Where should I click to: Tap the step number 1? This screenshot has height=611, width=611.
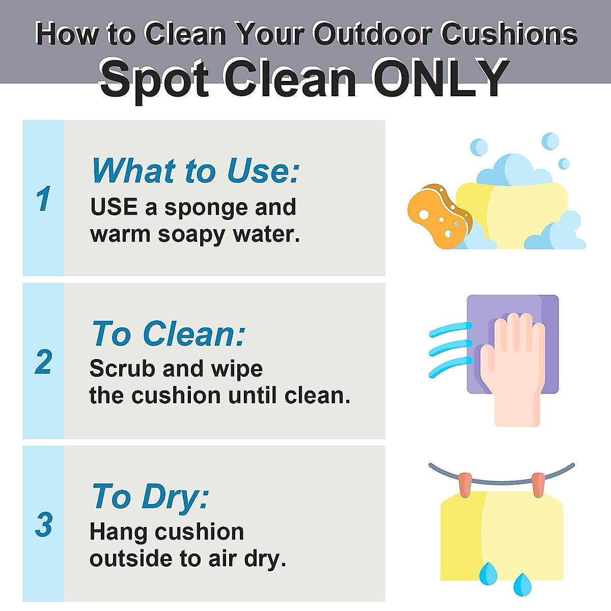pyautogui.click(x=43, y=199)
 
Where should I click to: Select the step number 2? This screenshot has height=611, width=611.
pyautogui.click(x=43, y=362)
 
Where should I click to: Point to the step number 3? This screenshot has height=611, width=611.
pyautogui.click(x=43, y=525)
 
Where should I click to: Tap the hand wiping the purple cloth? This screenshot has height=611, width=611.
pyautogui.click(x=513, y=369)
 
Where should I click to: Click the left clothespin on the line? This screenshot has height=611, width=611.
pyautogui.click(x=465, y=485)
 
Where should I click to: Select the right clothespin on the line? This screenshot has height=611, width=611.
pyautogui.click(x=538, y=485)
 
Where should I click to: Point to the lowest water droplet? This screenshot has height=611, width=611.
pyautogui.click(x=522, y=585)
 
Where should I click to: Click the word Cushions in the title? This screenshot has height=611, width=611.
pyautogui.click(x=509, y=34)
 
